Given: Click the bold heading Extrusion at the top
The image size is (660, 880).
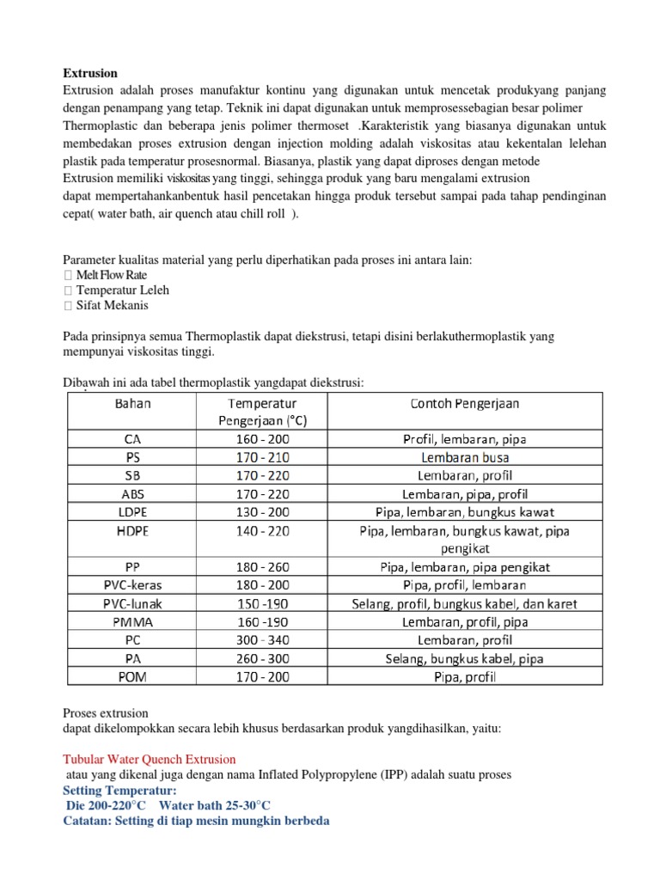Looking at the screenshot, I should (x=90, y=73).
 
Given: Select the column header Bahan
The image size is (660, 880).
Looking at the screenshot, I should (x=132, y=403).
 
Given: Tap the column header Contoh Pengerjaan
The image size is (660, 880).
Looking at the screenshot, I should (x=464, y=403).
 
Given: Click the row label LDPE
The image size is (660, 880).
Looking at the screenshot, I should (x=132, y=512).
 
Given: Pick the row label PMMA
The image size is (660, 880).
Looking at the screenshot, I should (x=132, y=621).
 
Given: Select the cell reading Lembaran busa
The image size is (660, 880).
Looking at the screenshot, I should (x=464, y=457).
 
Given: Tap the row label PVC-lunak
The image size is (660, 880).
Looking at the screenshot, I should (x=132, y=603).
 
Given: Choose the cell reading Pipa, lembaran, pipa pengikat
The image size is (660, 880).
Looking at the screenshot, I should (x=464, y=567).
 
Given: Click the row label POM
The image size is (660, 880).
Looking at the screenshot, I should (x=132, y=676).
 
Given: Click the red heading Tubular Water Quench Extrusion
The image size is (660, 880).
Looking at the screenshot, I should (x=150, y=760).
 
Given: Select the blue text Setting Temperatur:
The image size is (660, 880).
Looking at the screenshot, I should (x=120, y=790).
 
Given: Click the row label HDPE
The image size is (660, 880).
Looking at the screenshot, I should (x=132, y=531).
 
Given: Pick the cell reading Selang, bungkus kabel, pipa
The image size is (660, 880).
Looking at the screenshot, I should (x=464, y=658).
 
